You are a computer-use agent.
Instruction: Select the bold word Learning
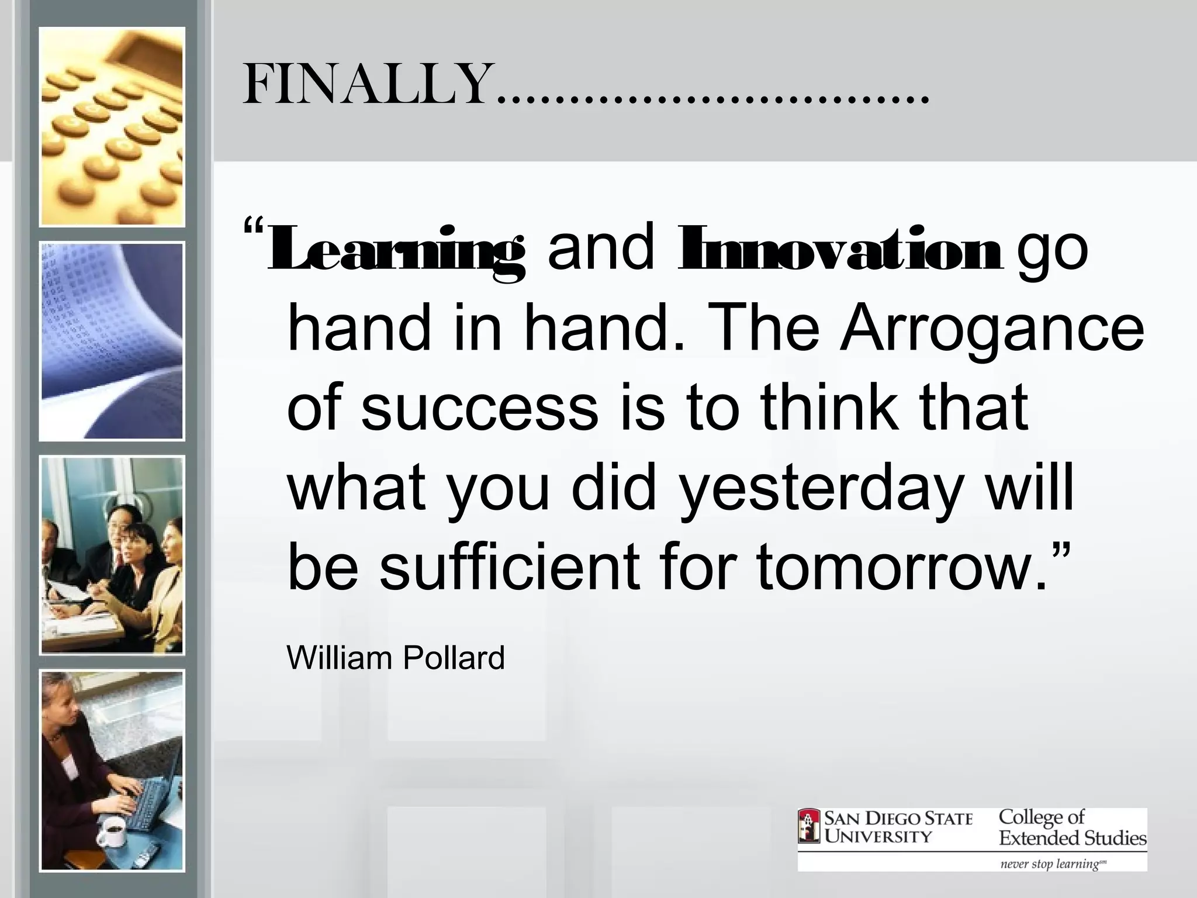point(396,250)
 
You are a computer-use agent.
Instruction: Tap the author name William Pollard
point(396,658)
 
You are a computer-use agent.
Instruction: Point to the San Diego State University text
point(898,827)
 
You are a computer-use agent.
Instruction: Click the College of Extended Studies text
point(1072,827)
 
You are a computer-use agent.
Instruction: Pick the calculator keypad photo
point(112,127)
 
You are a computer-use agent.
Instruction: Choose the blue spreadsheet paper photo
point(112,341)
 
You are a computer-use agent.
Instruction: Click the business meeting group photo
point(112,555)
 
